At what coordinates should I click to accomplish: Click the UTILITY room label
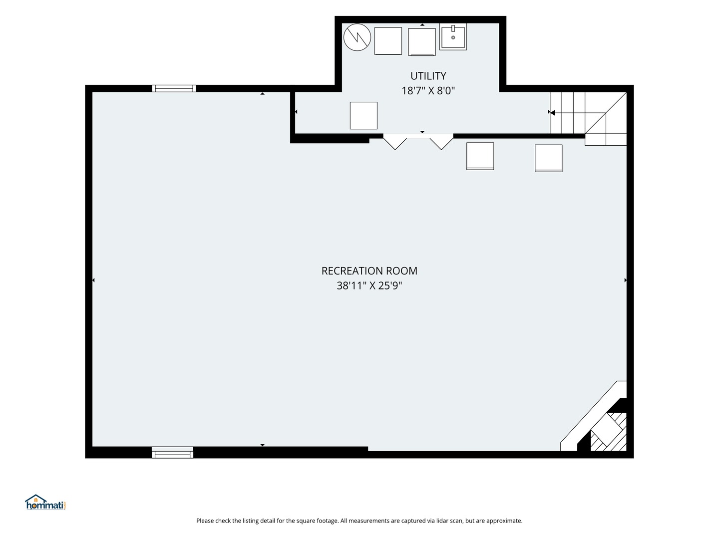tap(428, 76)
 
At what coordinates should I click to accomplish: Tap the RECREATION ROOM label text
tap(369, 271)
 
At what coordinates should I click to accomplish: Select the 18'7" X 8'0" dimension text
tap(428, 91)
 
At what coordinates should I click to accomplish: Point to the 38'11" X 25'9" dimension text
tap(369, 285)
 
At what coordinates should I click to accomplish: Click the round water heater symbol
tap(357, 37)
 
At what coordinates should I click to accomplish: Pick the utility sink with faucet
tap(453, 36)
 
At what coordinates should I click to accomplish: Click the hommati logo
tap(45, 503)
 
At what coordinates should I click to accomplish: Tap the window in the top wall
tap(174, 88)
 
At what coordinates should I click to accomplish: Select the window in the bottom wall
tap(172, 453)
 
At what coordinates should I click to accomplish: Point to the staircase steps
tap(588, 118)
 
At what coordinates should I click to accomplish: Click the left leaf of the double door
tap(395, 142)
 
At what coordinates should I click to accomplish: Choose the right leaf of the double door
tap(441, 142)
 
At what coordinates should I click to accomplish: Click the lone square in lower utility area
tap(363, 115)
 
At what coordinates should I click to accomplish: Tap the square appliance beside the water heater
tap(388, 41)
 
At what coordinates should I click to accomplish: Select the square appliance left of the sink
tap(422, 42)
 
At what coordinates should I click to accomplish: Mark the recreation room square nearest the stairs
tap(549, 158)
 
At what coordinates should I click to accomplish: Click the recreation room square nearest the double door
tap(480, 156)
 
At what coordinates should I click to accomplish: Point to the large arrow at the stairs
tap(552, 113)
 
